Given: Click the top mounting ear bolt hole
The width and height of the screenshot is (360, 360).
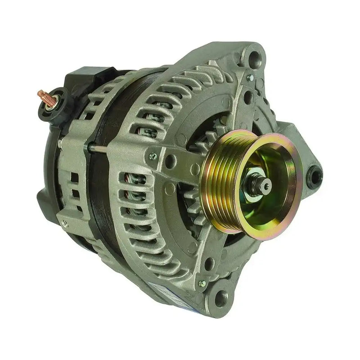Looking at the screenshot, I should tap(255, 58).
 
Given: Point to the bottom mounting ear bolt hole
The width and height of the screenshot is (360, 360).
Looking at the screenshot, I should tap(221, 297).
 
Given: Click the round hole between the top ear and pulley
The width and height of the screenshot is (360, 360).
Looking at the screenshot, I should tap(247, 95).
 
